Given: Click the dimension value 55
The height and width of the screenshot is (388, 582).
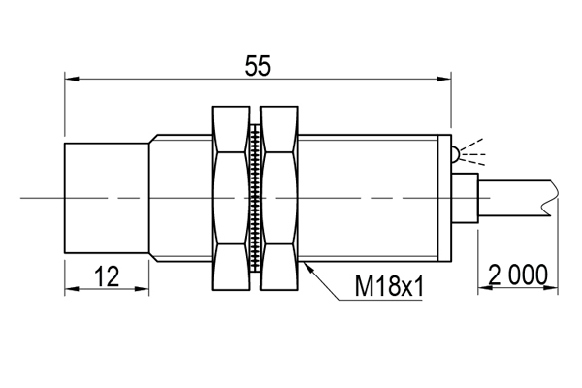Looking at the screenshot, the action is point(258,66).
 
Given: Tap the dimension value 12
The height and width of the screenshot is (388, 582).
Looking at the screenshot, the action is point(107,276).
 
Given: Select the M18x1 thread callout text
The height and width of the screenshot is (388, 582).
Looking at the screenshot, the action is point(389,286).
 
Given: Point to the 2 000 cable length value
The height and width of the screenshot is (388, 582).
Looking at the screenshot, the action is point(518,275).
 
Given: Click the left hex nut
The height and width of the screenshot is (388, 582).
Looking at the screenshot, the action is point(231,198).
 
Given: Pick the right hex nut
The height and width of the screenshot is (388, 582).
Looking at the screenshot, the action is point(279,198).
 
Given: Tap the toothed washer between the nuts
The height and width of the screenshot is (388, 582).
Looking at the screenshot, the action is point(255,198).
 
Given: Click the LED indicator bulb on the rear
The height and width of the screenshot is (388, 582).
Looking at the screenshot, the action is point(456,153).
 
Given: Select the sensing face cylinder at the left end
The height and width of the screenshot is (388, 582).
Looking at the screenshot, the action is point(107,198).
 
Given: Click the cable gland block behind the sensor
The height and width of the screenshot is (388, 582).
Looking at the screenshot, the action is point(465,198).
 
